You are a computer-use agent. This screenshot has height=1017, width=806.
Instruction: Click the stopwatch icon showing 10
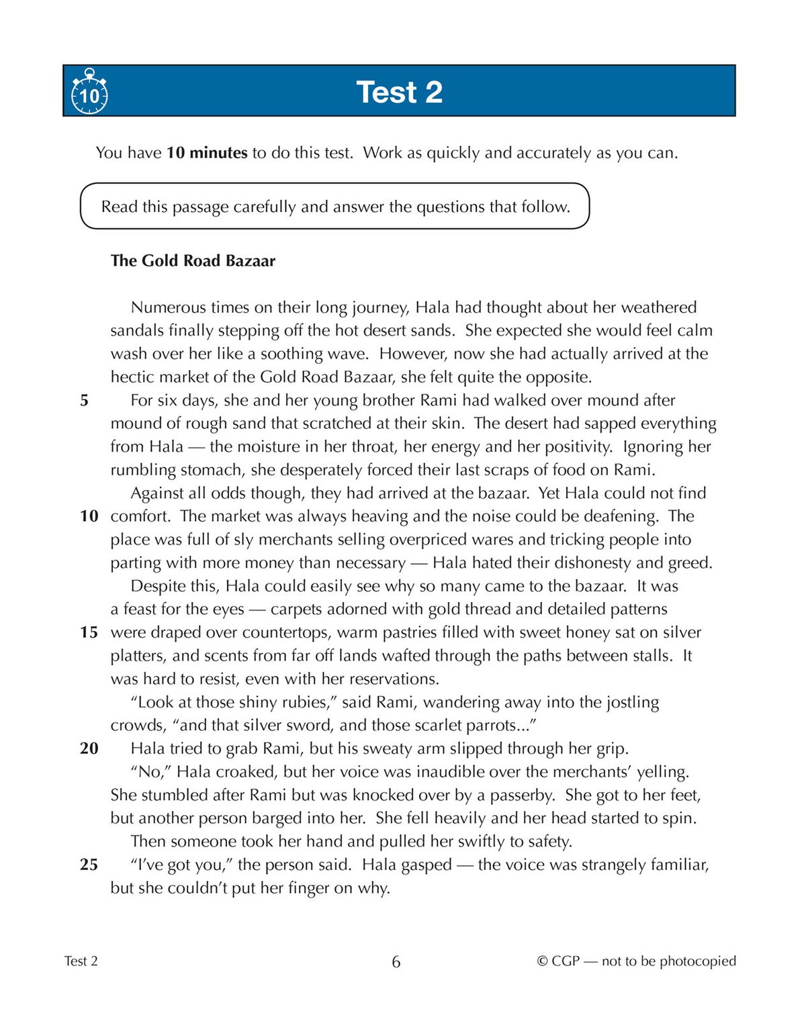pyautogui.click(x=89, y=92)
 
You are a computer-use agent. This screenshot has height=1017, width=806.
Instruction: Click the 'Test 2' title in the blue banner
pyautogui.click(x=399, y=92)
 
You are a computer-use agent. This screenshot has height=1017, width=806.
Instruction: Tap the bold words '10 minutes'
pyautogui.click(x=207, y=153)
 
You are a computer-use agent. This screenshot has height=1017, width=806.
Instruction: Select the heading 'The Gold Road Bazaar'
pyautogui.click(x=193, y=260)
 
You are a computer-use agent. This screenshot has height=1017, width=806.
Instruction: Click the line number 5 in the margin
pyautogui.click(x=84, y=401)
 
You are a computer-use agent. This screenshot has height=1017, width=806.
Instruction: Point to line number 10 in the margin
pyautogui.click(x=89, y=516)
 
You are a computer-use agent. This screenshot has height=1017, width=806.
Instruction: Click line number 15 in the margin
pyautogui.click(x=89, y=632)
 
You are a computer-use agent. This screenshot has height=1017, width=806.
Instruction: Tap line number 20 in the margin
pyautogui.click(x=89, y=748)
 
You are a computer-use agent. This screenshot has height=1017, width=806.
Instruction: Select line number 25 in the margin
pyautogui.click(x=89, y=865)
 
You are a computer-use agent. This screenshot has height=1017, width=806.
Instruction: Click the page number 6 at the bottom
pyautogui.click(x=396, y=962)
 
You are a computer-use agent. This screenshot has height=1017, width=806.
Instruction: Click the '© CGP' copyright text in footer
pyautogui.click(x=558, y=961)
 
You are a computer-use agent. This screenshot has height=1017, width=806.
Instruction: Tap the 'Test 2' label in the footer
pyautogui.click(x=81, y=961)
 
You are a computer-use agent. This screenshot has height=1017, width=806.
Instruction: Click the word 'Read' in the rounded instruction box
pyautogui.click(x=119, y=207)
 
